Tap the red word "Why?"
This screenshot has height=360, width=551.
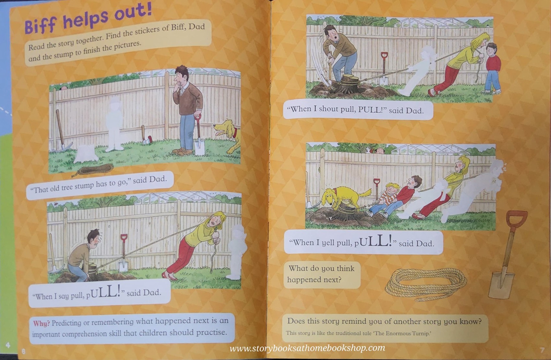pos(41,323)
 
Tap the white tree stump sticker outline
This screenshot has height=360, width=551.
pos(84,154)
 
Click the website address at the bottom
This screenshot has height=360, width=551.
pos(307,349)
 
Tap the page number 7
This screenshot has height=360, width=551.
pos(542,350)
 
